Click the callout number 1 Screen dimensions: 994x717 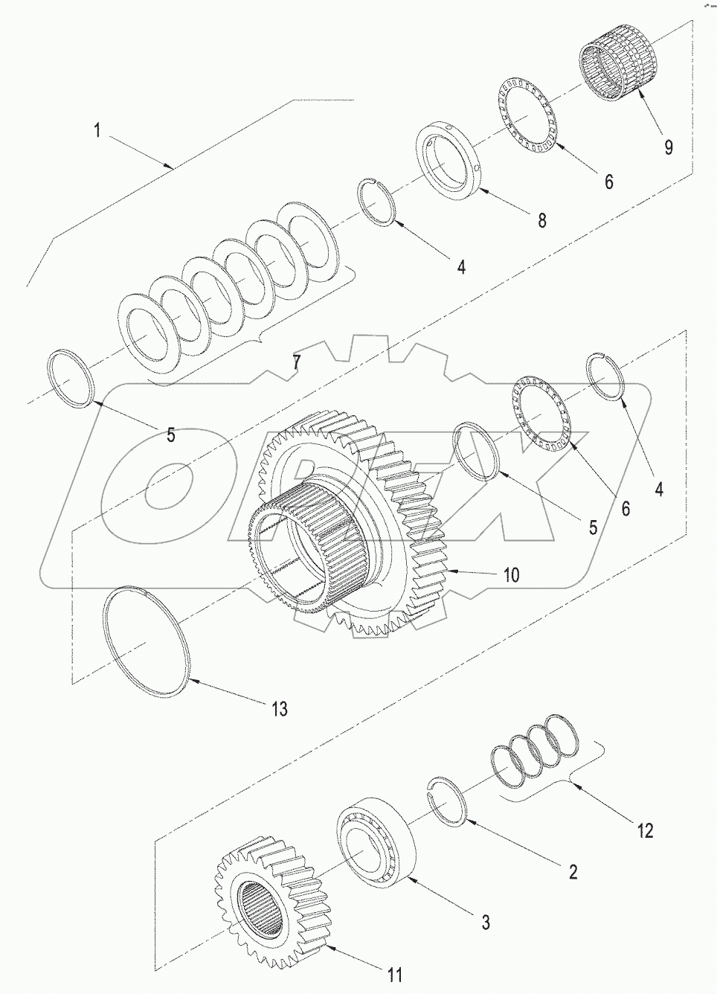[97, 131]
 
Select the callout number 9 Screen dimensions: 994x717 [668, 147]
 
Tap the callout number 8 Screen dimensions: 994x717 [541, 219]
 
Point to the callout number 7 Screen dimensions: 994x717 [296, 362]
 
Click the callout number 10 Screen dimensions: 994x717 [512, 574]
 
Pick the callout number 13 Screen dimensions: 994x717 [279, 708]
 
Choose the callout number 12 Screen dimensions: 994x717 [645, 830]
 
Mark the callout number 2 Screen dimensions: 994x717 [573, 871]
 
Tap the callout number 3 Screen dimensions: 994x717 [485, 923]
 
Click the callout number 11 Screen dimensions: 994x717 [396, 975]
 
